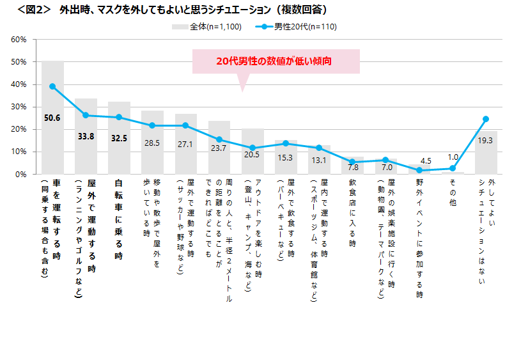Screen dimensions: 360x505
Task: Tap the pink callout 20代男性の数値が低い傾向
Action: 275,61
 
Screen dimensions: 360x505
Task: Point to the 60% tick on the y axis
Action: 19,40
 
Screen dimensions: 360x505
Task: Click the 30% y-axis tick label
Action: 19,107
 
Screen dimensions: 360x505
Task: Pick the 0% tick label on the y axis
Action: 20,174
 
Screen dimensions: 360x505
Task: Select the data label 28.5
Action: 152,143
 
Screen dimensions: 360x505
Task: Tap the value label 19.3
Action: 486,140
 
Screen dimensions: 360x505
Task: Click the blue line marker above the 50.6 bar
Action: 52,86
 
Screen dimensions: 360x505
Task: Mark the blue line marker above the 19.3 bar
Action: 486,119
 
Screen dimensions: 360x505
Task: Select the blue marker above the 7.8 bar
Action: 352,162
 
